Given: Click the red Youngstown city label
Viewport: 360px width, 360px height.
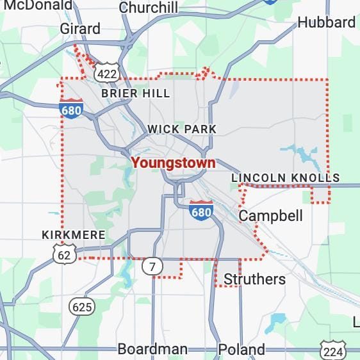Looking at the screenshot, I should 173,163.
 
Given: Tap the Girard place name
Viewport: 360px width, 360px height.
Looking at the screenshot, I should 80,29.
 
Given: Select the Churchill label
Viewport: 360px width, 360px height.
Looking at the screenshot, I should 149,8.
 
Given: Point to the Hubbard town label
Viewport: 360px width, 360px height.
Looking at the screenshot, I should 326,22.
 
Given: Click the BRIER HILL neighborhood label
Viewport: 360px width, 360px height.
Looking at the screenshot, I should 136,94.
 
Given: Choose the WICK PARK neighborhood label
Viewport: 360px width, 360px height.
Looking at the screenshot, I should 182,129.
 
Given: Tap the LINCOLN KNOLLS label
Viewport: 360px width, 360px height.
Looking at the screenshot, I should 285,177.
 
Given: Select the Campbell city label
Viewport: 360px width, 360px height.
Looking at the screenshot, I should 270,216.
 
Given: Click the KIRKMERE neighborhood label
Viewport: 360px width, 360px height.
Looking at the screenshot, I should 73,235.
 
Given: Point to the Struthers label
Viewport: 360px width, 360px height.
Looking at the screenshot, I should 254,279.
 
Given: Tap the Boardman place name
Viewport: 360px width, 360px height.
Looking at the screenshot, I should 152,349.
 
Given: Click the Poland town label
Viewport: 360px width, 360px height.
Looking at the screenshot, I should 241,349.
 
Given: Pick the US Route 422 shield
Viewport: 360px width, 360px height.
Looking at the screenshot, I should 106,74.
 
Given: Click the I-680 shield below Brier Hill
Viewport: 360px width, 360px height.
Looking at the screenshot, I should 71,108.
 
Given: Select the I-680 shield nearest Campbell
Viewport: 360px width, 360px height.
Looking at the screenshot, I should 201,210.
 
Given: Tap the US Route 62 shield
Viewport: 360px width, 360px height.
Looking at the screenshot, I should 65,254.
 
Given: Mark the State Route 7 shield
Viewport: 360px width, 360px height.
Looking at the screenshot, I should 152,266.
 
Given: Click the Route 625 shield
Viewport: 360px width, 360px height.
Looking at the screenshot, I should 82,307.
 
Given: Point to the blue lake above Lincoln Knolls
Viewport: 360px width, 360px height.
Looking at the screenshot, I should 300,155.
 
